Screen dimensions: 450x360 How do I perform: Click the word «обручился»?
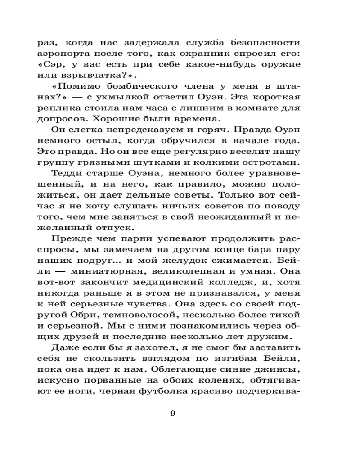tap(191, 140)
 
